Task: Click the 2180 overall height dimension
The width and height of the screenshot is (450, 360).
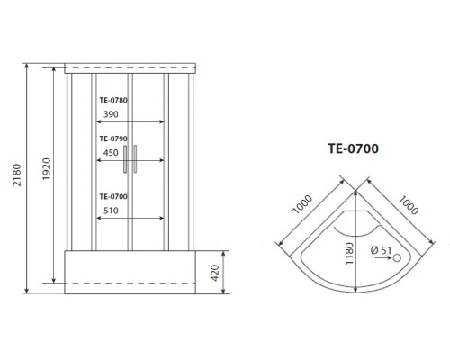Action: click(x=17, y=175)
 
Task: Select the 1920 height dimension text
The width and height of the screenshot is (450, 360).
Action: click(x=47, y=169)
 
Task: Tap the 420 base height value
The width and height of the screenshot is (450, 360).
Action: click(x=215, y=273)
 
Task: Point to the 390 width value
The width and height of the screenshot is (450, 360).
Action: click(x=111, y=114)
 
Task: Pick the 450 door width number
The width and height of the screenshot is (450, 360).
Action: click(x=111, y=153)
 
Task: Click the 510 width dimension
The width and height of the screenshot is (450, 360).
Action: click(x=111, y=211)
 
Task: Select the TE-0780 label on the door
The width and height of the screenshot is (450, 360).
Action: click(x=113, y=100)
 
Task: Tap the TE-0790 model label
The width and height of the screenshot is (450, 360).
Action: click(x=113, y=139)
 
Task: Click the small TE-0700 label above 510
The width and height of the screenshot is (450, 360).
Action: click(x=113, y=196)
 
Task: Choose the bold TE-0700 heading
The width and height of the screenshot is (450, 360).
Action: click(x=353, y=148)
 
